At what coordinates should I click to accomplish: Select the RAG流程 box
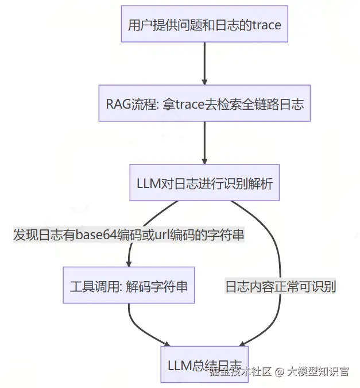pyautogui.click(x=204, y=104)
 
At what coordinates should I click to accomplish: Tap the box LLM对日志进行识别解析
pyautogui.click(x=204, y=184)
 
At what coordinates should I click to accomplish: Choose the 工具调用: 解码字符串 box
pyautogui.click(x=129, y=286)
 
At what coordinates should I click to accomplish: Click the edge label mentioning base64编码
pyautogui.click(x=129, y=236)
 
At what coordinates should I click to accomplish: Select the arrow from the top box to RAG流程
pyautogui.click(x=204, y=63)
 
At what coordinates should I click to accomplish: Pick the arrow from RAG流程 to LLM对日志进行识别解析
pyautogui.click(x=204, y=143)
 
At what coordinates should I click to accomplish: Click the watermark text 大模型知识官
pyautogui.click(x=318, y=371)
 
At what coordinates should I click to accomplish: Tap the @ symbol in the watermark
pyautogui.click(x=279, y=371)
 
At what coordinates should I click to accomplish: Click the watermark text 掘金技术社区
pyautogui.click(x=241, y=371)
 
